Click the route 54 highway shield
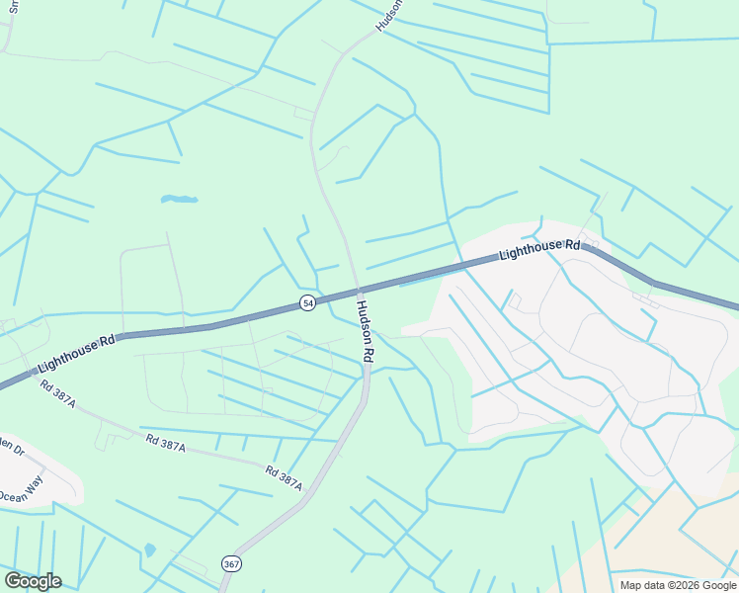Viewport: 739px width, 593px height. point(308,302)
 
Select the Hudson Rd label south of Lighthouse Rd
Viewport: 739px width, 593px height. point(364,330)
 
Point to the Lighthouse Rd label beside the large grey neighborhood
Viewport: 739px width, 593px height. point(539,248)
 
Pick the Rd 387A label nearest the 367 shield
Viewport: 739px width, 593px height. point(283,479)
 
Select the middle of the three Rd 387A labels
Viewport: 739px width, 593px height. point(165,446)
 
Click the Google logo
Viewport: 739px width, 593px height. point(33,581)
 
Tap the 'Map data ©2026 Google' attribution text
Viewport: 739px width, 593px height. point(679,585)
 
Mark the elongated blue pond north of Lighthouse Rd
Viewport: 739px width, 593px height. point(179,200)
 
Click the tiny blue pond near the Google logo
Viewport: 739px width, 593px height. point(149,550)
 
